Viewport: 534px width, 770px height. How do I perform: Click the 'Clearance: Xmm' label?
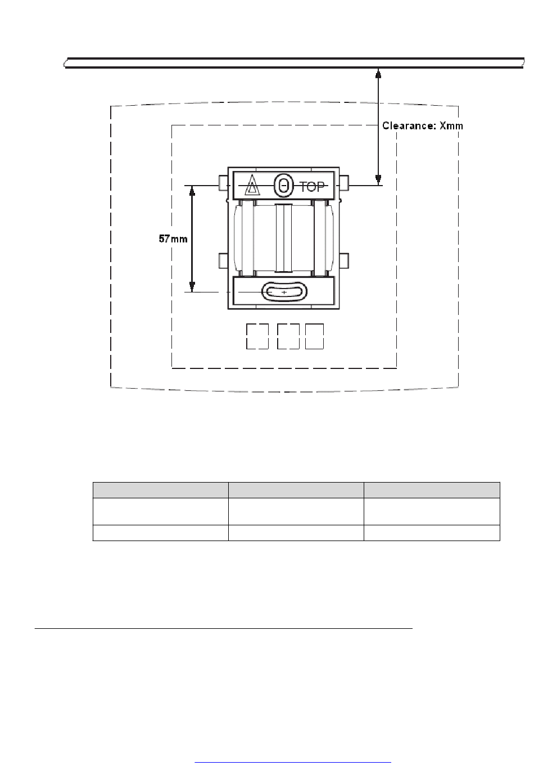tap(422, 126)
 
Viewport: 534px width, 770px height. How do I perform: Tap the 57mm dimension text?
tap(173, 238)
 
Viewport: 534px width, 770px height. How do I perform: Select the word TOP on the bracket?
tap(312, 187)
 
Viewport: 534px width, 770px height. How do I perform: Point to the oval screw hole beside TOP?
tap(283, 186)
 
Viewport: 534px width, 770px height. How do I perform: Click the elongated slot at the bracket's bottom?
tap(284, 292)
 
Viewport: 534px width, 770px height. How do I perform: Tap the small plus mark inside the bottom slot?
tap(284, 292)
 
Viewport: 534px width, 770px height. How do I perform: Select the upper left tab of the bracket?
tap(223, 183)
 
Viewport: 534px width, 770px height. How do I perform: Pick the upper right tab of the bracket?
tap(344, 183)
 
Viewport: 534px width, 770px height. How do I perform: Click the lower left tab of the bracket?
tap(223, 260)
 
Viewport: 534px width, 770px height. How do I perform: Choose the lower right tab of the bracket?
tap(344, 260)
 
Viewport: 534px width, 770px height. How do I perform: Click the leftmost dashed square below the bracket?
tap(257, 336)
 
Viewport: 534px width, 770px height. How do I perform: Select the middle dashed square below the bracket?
tap(288, 336)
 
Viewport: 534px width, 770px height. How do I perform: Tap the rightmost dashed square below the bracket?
tap(314, 336)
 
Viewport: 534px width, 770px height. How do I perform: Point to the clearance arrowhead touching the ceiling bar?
tap(378, 73)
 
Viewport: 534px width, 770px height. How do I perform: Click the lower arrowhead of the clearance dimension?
tap(378, 180)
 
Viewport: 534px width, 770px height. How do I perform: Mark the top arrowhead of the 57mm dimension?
tap(192, 191)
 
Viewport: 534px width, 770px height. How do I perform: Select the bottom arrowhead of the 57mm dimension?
tap(192, 287)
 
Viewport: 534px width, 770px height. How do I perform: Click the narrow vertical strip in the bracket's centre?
tap(284, 238)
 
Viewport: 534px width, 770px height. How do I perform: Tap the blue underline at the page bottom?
tap(293, 763)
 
